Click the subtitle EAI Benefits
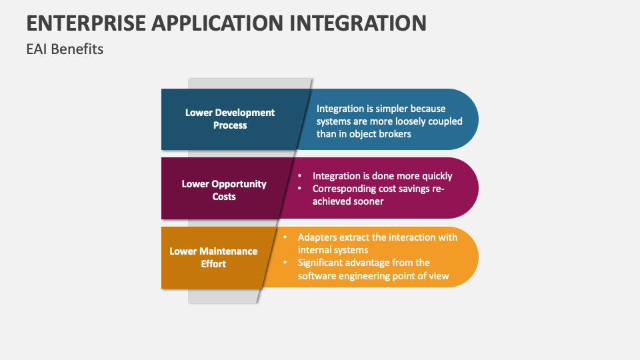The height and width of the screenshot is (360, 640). pyautogui.click(x=65, y=49)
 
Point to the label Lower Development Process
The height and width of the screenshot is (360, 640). pyautogui.click(x=230, y=119)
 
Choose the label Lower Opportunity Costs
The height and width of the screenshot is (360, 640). pyautogui.click(x=224, y=190)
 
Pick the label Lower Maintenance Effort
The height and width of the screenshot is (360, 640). pyautogui.click(x=213, y=257)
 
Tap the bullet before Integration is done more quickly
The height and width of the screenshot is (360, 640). pyautogui.click(x=300, y=176)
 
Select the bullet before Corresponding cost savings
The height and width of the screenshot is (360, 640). pyautogui.click(x=300, y=189)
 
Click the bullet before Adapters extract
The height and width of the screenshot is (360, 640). pyautogui.click(x=285, y=237)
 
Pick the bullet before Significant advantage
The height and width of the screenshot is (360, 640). pyautogui.click(x=285, y=263)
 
